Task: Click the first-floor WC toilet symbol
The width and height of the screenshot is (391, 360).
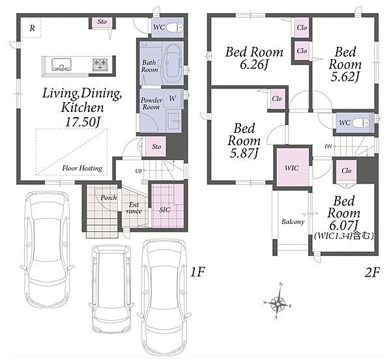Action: pos(174,27)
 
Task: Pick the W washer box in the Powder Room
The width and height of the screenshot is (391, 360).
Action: pos(173,99)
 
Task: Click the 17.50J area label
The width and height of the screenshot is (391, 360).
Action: pos(83,122)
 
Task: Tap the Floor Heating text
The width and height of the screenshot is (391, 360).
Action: pos(82,169)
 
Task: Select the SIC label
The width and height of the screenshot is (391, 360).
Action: pos(165,210)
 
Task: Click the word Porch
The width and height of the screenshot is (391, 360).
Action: pos(108,198)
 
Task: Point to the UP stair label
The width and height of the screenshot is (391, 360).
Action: pos(138,171)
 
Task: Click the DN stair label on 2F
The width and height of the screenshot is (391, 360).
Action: pos(328,146)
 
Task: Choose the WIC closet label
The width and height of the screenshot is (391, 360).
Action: pos(292,168)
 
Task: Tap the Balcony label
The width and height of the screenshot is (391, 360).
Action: pos(293,222)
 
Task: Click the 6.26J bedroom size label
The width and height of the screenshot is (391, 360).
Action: pos(254,65)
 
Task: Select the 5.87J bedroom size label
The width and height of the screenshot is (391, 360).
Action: pos(244,153)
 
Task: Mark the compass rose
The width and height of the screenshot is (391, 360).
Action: pos(278,301)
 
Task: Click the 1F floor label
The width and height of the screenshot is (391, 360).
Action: pos(197,272)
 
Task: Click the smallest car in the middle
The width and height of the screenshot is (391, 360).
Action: pos(111,290)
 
